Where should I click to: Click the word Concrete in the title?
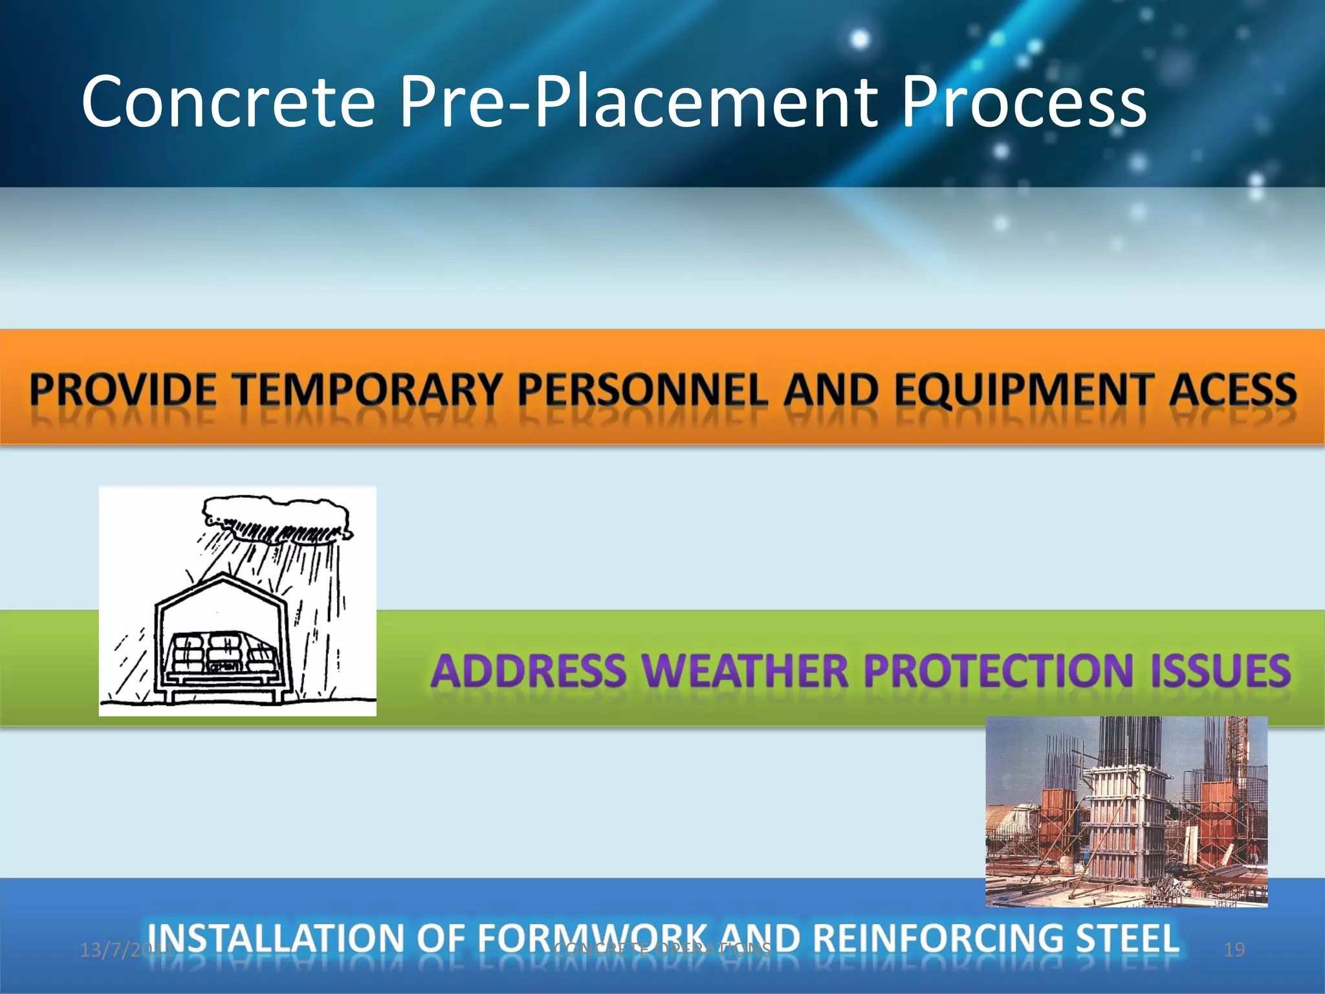click(228, 102)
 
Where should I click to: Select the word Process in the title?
click(1024, 102)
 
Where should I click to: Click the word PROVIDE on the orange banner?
click(123, 391)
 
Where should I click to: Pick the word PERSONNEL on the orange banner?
click(642, 391)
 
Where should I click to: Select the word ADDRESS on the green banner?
click(529, 670)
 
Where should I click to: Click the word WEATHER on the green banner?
click(746, 670)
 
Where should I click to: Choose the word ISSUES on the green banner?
click(1220, 670)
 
